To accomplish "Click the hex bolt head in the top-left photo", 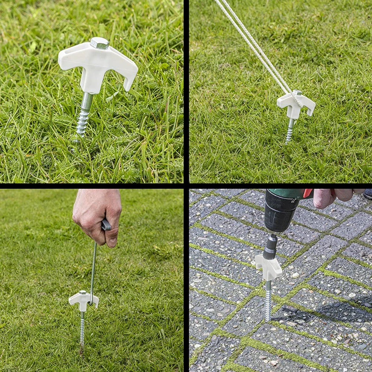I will click(99, 43).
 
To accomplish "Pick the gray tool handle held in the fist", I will click(106, 225).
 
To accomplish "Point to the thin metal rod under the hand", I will click(93, 268).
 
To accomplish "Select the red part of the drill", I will click(307, 193).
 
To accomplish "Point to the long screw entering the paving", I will click(268, 301).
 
